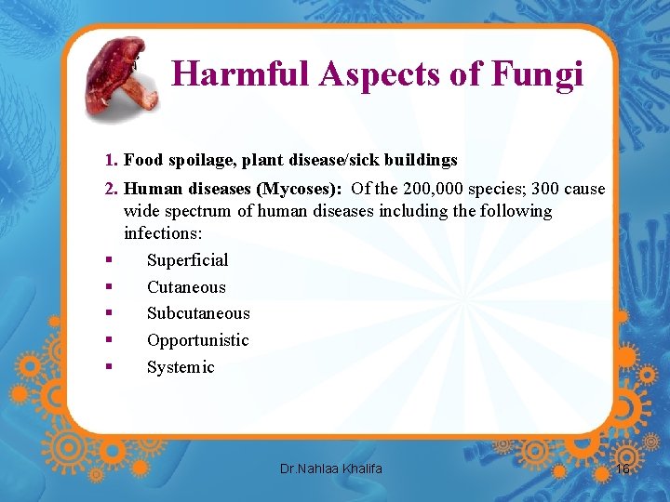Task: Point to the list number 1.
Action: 110,160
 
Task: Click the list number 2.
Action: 110,189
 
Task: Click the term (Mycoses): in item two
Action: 300,189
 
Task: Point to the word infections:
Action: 163,232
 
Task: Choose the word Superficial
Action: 187,260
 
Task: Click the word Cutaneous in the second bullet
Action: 186,287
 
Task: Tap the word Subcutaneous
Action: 198,313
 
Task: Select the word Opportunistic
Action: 197,340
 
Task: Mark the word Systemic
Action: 181,367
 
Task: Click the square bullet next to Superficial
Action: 109,260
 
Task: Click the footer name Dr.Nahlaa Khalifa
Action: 330,469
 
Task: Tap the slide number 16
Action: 623,469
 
